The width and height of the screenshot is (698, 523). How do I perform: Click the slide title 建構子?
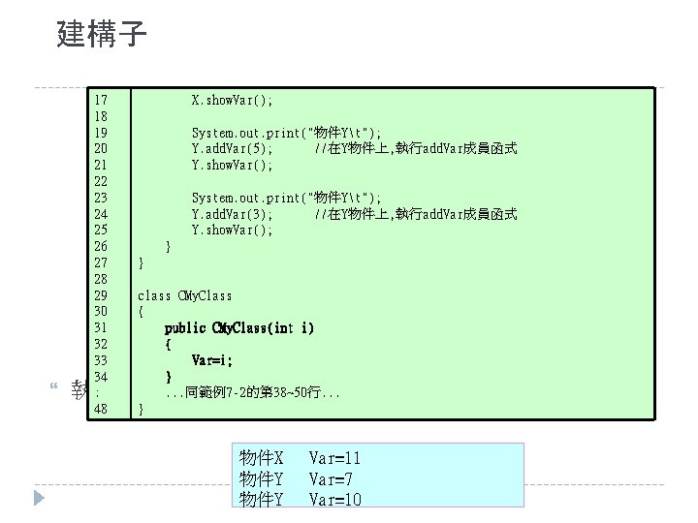click(x=102, y=36)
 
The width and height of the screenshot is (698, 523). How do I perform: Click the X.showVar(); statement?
click(x=232, y=100)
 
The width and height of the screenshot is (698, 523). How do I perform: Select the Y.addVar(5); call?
click(x=232, y=148)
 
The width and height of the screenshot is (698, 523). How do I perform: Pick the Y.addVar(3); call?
click(x=232, y=213)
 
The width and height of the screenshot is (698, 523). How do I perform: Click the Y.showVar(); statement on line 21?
click(x=232, y=165)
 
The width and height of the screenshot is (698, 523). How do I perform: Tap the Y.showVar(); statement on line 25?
click(x=232, y=230)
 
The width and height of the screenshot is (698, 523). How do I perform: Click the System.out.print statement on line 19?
click(x=286, y=132)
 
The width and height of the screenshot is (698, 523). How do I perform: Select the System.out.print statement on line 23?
click(x=286, y=197)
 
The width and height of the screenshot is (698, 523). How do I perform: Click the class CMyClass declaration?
click(x=185, y=295)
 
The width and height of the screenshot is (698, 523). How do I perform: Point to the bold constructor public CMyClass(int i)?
click(x=238, y=328)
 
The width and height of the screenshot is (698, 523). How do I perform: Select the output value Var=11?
click(x=334, y=457)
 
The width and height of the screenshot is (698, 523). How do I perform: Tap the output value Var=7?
click(x=331, y=478)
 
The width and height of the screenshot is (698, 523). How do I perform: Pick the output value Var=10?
click(x=334, y=499)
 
